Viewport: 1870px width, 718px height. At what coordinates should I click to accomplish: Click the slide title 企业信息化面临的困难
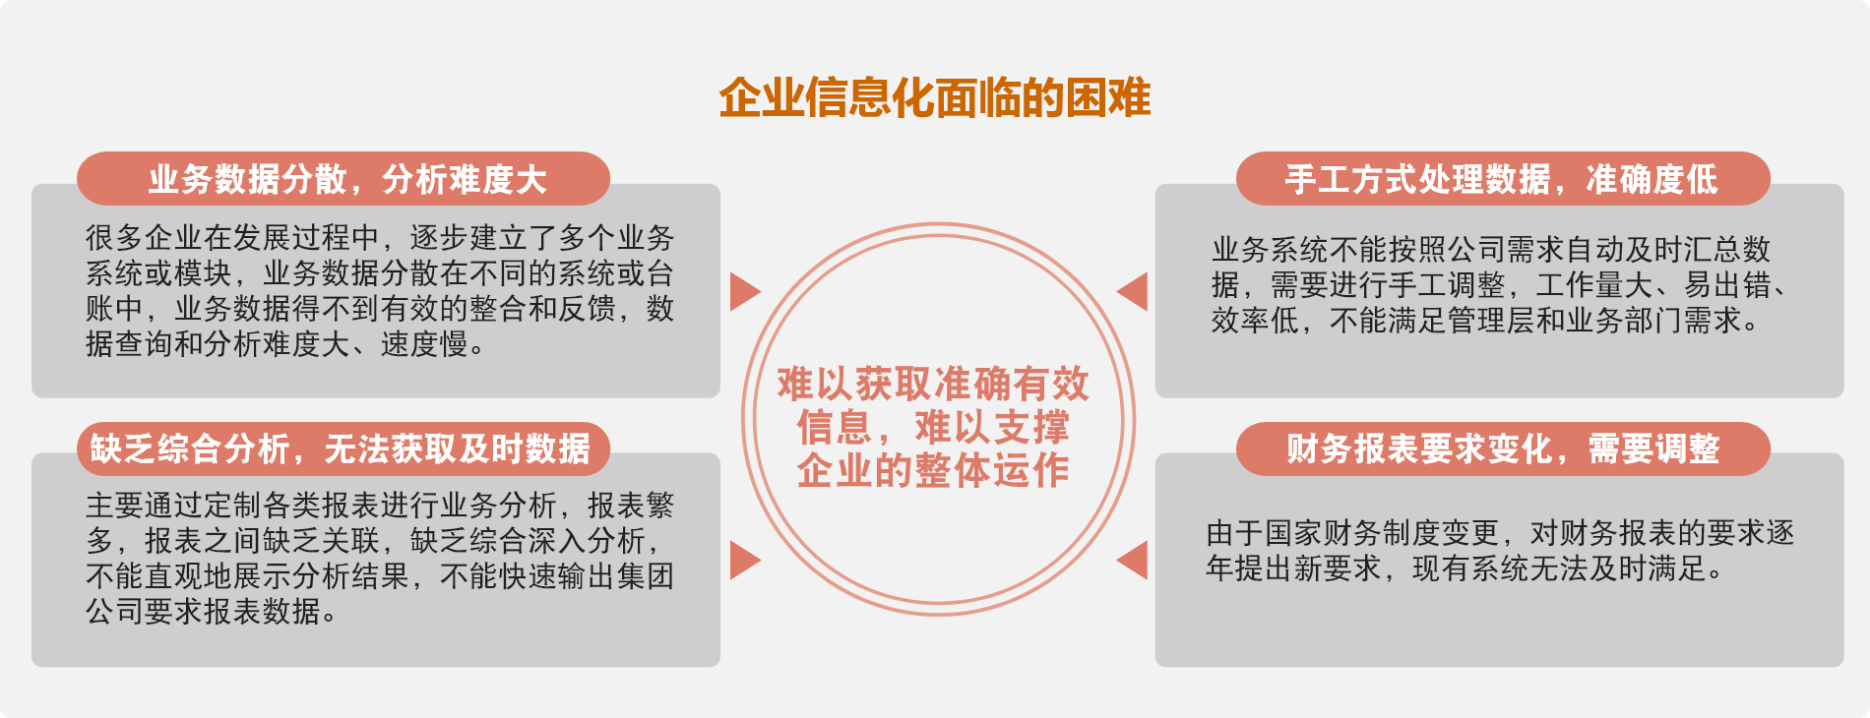[x=935, y=98]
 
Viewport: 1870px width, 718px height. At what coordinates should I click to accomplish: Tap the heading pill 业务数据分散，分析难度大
[x=343, y=179]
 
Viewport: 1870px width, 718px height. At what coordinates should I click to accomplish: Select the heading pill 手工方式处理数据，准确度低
[x=1503, y=179]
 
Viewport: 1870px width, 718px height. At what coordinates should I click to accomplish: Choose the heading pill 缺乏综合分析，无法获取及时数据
[x=343, y=449]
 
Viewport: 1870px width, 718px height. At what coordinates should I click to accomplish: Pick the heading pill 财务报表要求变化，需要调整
[x=1503, y=449]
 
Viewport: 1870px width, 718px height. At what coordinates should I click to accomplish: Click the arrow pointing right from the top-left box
[x=745, y=291]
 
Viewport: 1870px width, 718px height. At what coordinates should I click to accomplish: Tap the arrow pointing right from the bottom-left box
[x=745, y=560]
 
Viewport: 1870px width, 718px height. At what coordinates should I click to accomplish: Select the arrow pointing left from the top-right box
[x=1132, y=291]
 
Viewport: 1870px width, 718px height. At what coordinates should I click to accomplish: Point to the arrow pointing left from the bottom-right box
[x=1132, y=560]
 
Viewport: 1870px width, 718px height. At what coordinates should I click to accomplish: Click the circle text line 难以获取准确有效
[x=933, y=384]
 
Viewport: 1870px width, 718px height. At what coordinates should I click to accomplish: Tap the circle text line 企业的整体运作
[x=933, y=470]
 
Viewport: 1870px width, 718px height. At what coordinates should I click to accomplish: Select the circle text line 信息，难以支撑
[x=933, y=427]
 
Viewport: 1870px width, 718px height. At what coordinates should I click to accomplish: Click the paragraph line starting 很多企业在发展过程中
[x=380, y=238]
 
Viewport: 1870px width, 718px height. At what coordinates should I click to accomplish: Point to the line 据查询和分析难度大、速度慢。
[x=285, y=344]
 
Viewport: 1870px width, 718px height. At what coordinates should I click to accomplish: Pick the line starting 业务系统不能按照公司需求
[x=1491, y=250]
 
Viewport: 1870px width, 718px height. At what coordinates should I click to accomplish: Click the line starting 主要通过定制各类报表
[x=380, y=506]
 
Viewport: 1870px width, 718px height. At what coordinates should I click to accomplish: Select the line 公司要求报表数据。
[x=212, y=612]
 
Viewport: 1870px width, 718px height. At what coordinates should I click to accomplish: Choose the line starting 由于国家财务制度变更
[x=1501, y=533]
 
